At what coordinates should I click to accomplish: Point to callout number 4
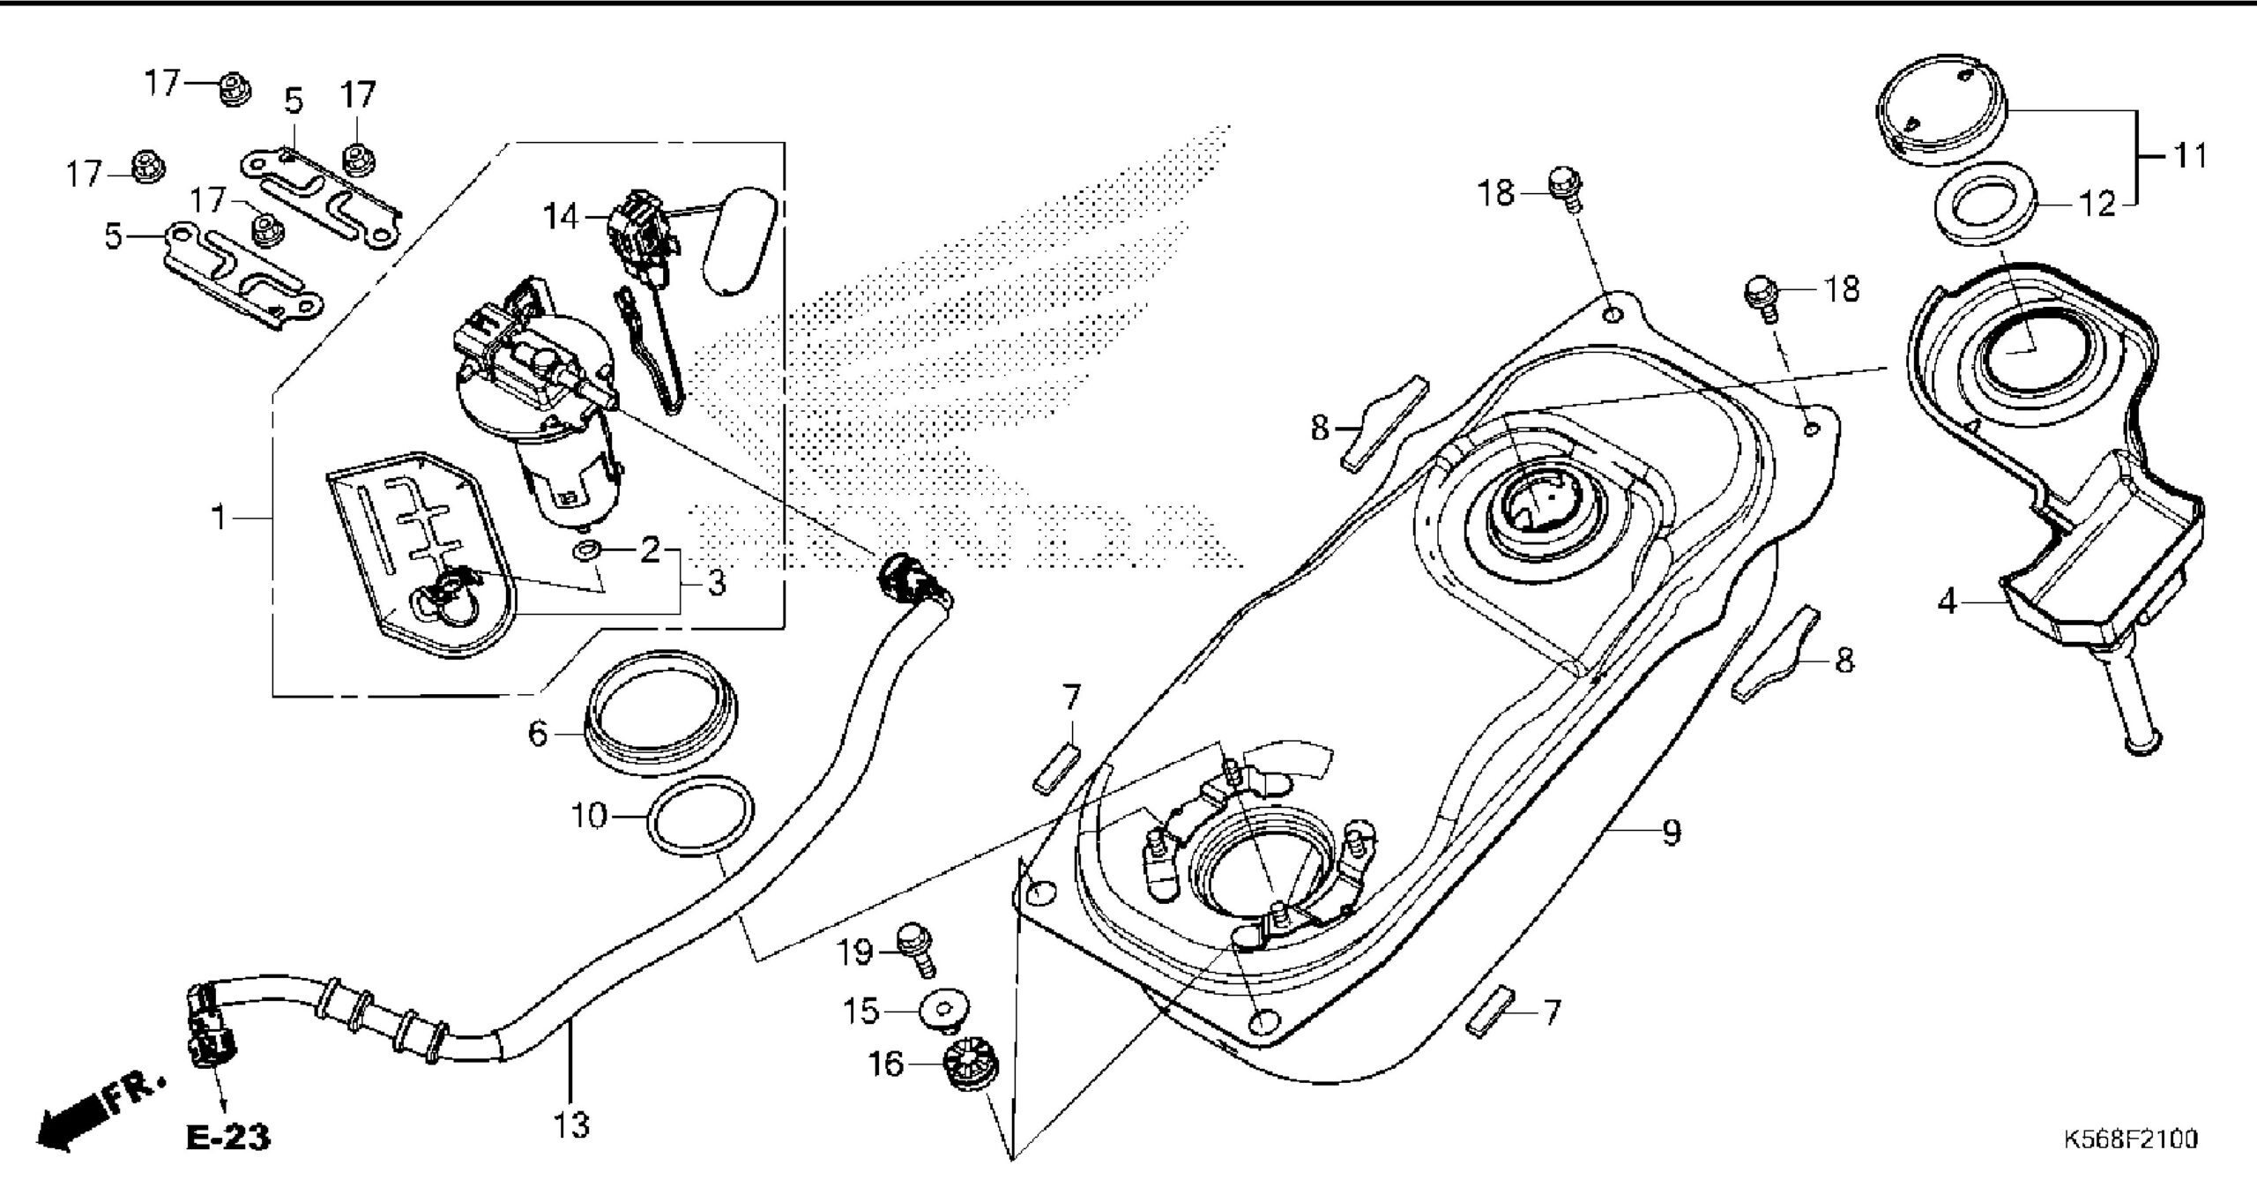(1948, 602)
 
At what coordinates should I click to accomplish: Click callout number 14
(561, 216)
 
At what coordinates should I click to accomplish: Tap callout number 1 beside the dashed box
(220, 518)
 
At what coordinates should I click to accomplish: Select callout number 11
(2188, 156)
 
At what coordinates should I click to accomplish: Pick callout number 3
(716, 582)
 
